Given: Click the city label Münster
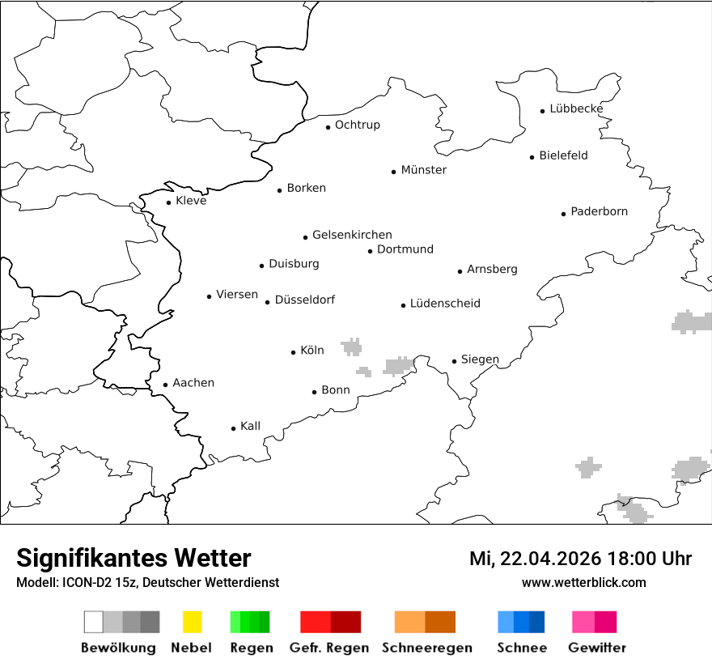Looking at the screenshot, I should click(x=423, y=170).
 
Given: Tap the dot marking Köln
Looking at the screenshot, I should click(x=293, y=352).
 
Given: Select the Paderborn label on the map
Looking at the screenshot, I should click(x=599, y=211).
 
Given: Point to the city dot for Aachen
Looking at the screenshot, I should click(x=165, y=385).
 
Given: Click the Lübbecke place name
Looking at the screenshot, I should click(x=576, y=108).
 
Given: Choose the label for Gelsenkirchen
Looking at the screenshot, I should click(x=352, y=235).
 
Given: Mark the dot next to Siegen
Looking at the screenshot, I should click(x=454, y=362).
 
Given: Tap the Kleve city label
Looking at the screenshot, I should click(x=191, y=201).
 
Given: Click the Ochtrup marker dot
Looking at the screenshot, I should click(x=328, y=127).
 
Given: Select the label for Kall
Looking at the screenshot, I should click(x=250, y=426).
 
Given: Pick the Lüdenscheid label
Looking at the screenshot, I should click(x=445, y=304).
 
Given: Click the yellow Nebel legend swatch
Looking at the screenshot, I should click(x=192, y=622).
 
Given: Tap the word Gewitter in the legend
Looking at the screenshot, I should click(x=596, y=648).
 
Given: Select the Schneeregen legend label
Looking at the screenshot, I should click(x=426, y=648).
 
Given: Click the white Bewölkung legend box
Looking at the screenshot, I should click(x=93, y=622).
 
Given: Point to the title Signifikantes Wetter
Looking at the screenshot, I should click(x=133, y=559).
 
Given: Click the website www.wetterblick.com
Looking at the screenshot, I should click(x=583, y=582).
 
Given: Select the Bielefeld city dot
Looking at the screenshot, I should click(x=532, y=157).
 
